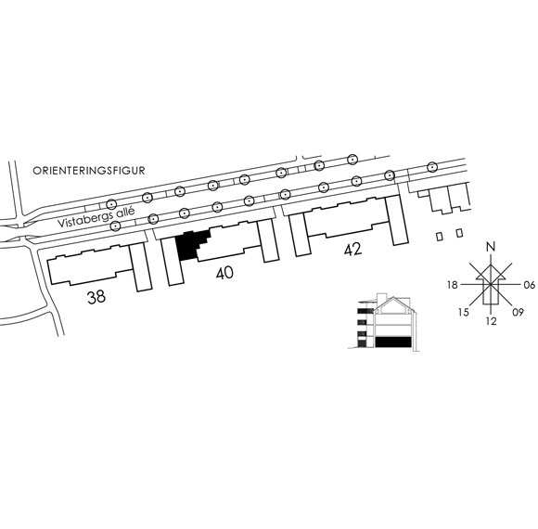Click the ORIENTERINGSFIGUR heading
[88, 171]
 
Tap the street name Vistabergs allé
[96, 218]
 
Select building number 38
[96, 297]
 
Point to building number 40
[224, 273]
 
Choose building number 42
[353, 250]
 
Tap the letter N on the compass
[492, 247]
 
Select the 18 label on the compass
[453, 285]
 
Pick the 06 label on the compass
[530, 285]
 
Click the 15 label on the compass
[463, 313]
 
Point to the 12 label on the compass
[492, 321]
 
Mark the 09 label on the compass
[519, 313]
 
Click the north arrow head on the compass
[491, 272]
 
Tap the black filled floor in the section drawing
[393, 342]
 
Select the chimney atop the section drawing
[381, 298]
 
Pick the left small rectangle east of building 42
[439, 237]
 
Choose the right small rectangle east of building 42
[459, 233]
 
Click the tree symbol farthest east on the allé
[432, 167]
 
